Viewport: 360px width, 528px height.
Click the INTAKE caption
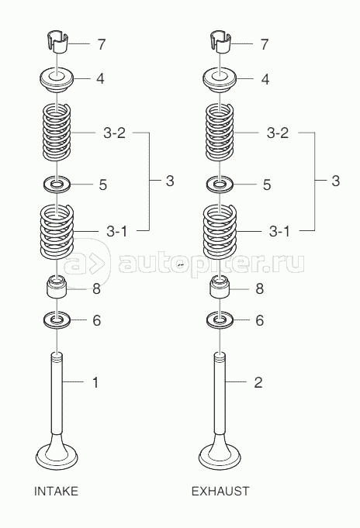(56, 492)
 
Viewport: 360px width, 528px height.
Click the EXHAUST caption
(220, 492)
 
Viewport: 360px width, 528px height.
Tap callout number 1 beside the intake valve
(95, 382)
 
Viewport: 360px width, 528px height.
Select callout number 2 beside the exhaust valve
(258, 382)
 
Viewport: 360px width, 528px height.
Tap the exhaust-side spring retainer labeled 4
(220, 81)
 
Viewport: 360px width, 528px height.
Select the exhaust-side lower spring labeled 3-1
(220, 232)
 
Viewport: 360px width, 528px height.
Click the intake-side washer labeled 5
(57, 185)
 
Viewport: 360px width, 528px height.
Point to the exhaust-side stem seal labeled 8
(220, 287)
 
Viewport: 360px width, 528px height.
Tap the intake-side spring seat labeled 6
(57, 320)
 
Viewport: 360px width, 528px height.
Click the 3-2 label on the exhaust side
(278, 133)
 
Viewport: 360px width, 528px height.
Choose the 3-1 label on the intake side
(116, 231)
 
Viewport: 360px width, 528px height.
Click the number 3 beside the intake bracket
(170, 181)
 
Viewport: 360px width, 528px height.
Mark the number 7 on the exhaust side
(265, 44)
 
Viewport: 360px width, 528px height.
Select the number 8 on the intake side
(96, 288)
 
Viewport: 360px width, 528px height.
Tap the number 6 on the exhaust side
(260, 320)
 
